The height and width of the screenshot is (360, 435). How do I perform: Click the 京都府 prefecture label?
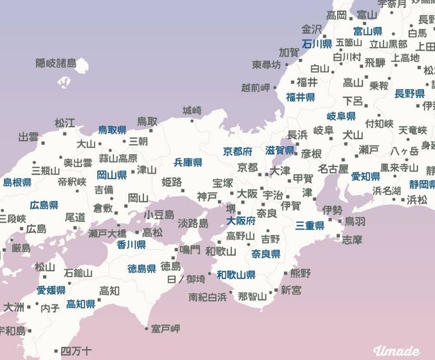[x=238, y=151]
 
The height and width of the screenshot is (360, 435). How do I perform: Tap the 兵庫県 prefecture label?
[x=188, y=162]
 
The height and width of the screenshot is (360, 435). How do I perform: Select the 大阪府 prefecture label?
[x=241, y=221]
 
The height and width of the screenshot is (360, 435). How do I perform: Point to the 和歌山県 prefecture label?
[x=237, y=275]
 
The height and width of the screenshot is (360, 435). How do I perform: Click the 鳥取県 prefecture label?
[x=113, y=129]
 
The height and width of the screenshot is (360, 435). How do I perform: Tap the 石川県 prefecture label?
[x=317, y=43]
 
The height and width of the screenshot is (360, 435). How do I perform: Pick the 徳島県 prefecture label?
[x=142, y=268]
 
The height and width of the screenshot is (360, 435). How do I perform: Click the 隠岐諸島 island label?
[x=56, y=64]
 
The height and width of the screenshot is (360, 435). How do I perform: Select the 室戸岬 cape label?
[x=165, y=329]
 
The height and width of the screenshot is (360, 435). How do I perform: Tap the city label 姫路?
[x=172, y=181]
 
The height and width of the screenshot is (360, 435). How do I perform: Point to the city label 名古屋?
[x=333, y=168]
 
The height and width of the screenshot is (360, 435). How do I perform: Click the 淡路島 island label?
[x=192, y=223]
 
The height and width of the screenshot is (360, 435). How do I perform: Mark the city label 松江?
[x=65, y=123]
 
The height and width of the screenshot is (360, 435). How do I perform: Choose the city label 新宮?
[x=291, y=290]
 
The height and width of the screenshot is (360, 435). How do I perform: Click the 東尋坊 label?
[x=266, y=65]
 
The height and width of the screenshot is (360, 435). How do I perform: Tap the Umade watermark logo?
[x=397, y=350]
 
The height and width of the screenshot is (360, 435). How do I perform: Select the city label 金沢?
[x=311, y=29]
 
